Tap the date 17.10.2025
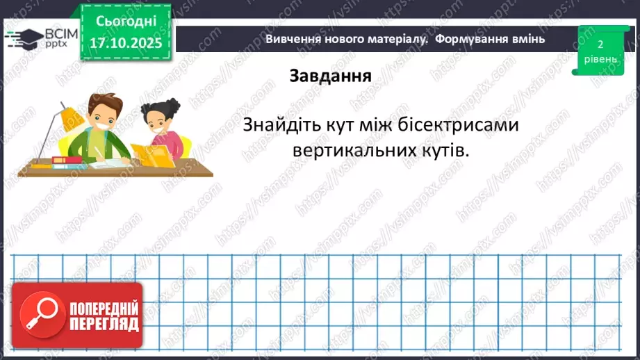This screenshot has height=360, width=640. click(125, 42)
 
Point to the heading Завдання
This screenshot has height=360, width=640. click(330, 76)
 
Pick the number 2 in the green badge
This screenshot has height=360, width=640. click(599, 44)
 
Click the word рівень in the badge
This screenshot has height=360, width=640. click(599, 59)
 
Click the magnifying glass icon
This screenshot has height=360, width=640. click(40, 316)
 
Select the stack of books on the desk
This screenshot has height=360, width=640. click(68, 161)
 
